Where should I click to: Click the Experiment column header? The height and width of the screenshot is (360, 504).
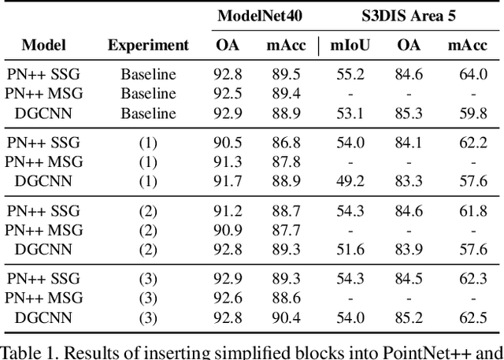click(148, 45)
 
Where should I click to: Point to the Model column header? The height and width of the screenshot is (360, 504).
click(43, 45)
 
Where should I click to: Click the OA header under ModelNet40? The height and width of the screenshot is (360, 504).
click(228, 45)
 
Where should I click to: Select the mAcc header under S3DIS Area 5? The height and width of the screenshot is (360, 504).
click(467, 45)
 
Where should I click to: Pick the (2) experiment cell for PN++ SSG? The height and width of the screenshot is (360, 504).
click(148, 211)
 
